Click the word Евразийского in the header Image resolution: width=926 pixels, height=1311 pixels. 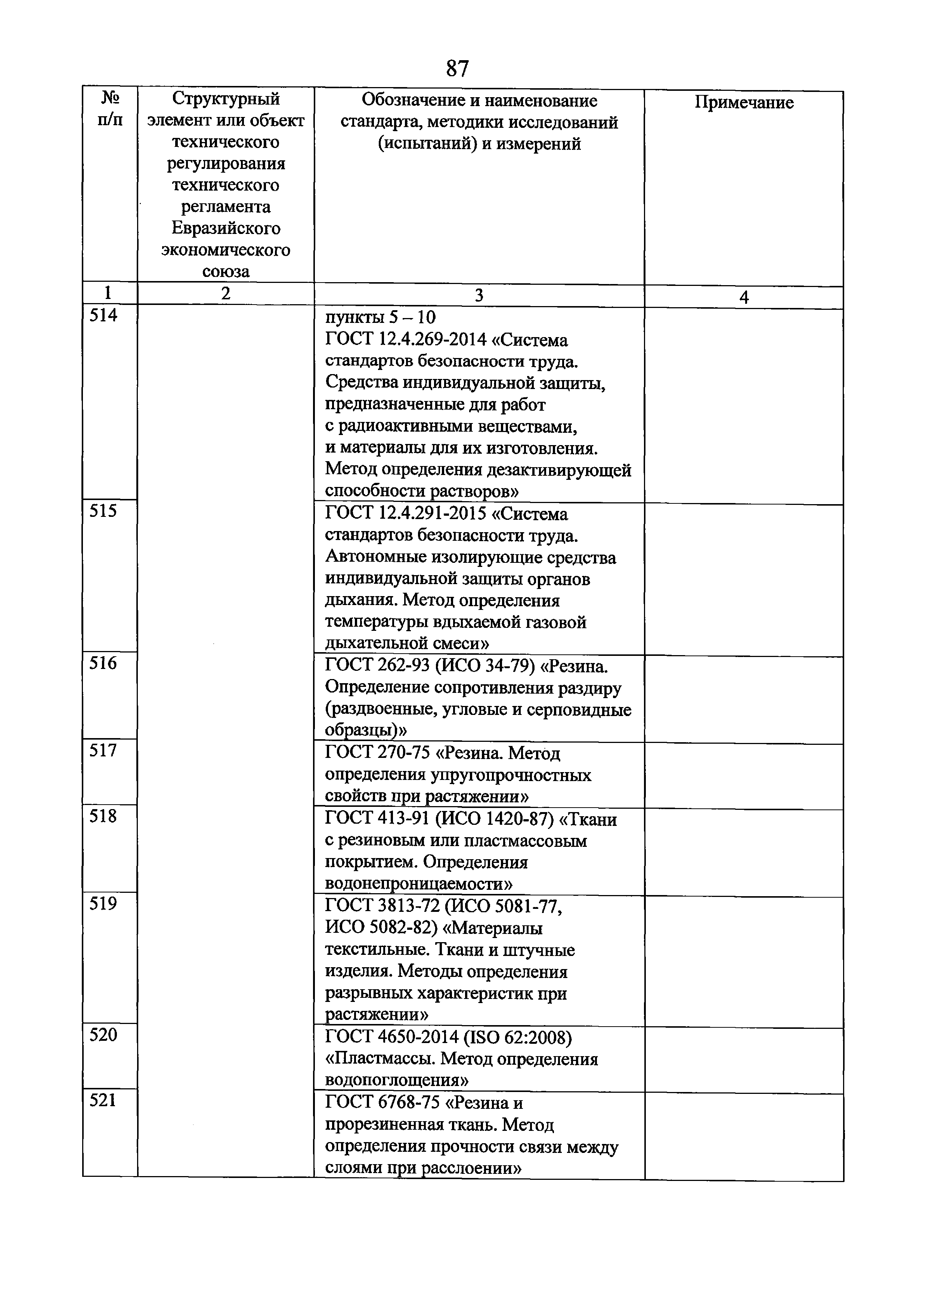click(226, 228)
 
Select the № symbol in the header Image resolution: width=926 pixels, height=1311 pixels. click(110, 99)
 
